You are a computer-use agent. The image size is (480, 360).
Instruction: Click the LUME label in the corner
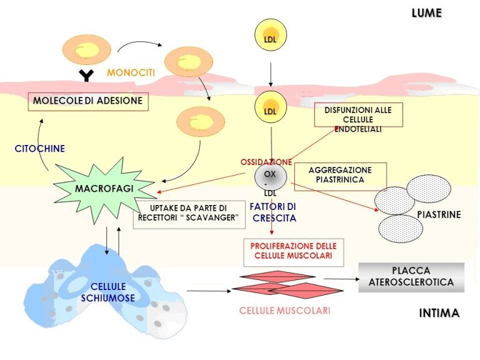pyautogui.click(x=426, y=13)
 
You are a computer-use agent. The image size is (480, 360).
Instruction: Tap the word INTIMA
pyautogui.click(x=439, y=313)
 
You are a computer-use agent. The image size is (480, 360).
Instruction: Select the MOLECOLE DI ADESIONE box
pyautogui.click(x=88, y=101)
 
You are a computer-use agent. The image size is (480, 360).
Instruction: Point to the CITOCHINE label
pyautogui.click(x=40, y=149)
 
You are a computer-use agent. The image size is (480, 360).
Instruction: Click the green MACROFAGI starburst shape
pyautogui.click(x=103, y=188)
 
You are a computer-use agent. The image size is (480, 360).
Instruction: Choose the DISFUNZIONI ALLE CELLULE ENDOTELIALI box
pyautogui.click(x=357, y=119)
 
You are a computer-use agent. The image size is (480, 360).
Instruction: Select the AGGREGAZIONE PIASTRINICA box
pyautogui.click(x=340, y=175)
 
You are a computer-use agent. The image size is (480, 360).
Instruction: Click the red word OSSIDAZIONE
pyautogui.click(x=266, y=162)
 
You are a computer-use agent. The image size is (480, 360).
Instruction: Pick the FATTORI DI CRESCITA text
pyautogui.click(x=274, y=212)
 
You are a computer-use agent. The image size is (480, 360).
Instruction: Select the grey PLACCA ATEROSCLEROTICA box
pyautogui.click(x=411, y=277)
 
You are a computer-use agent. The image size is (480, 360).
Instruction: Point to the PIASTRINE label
pyautogui.click(x=439, y=215)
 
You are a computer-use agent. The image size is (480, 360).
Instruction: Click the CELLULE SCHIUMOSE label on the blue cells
pyautogui.click(x=107, y=292)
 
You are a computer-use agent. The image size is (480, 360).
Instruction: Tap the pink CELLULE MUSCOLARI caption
pyautogui.click(x=284, y=311)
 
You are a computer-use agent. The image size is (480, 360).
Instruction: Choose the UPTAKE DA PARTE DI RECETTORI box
pyautogui.click(x=188, y=213)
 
